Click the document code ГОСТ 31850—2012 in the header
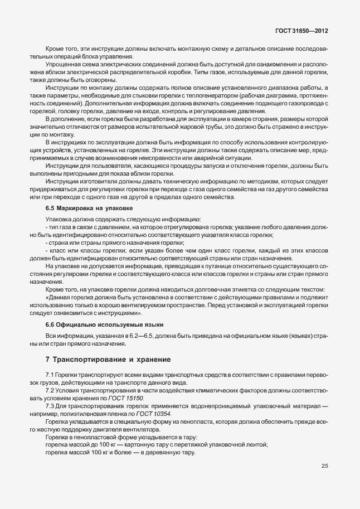(x=301, y=30)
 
